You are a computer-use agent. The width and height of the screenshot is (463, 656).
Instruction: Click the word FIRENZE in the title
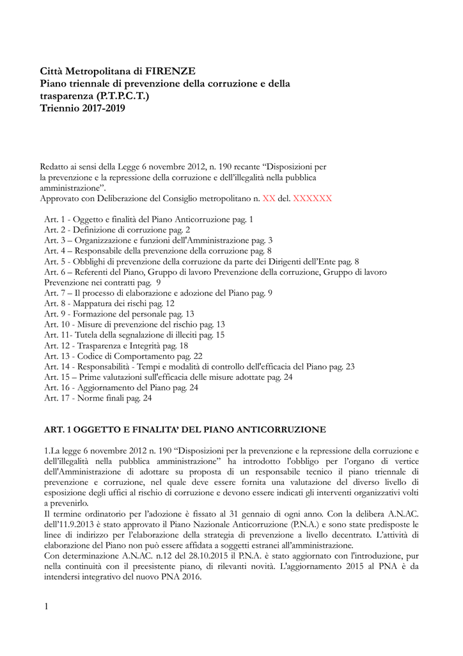click(171, 71)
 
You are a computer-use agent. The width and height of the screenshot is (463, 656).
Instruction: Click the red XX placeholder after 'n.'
click(269, 199)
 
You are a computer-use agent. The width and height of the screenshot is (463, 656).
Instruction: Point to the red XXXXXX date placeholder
click(313, 199)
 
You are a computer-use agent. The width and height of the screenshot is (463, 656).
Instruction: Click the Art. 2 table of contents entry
click(117, 229)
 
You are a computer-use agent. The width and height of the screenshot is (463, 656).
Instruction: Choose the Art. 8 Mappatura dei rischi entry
click(109, 303)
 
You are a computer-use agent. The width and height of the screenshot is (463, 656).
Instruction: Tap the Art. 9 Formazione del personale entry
click(119, 314)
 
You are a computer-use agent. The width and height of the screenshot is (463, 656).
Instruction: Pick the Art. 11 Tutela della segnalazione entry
click(134, 334)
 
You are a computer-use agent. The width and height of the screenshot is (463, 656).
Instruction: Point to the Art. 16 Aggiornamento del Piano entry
click(121, 388)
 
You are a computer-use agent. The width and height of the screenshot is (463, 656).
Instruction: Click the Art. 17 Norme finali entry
click(98, 398)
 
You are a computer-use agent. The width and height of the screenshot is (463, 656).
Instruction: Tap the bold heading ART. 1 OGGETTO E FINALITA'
click(185, 429)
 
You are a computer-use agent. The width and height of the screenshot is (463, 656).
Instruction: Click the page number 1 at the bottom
click(47, 605)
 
